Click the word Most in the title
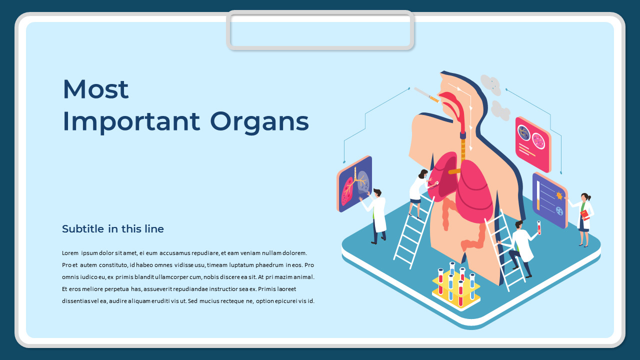tap(95, 89)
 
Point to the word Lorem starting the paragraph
tap(70, 253)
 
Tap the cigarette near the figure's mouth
tap(426, 95)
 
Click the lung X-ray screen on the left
tap(354, 183)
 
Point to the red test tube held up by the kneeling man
tap(539, 227)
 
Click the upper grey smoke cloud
tap(490, 84)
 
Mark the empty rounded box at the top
tap(320, 30)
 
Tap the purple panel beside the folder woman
tap(550, 200)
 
